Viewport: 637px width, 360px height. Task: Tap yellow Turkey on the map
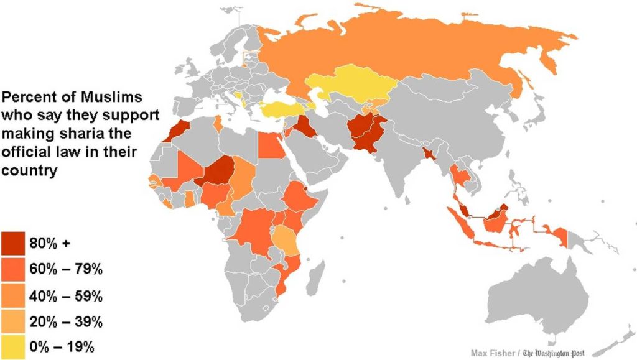tap(283, 110)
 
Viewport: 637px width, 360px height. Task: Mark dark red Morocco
tap(179, 129)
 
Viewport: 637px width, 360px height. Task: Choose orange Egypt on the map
tap(269, 146)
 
